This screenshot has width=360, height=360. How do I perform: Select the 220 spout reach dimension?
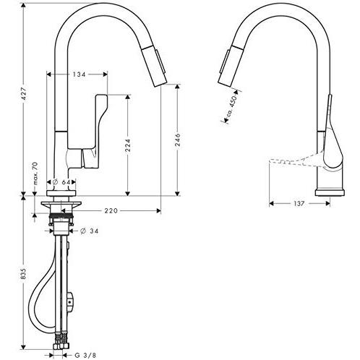[x=110, y=210]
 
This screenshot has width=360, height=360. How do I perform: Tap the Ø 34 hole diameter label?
[x=91, y=231]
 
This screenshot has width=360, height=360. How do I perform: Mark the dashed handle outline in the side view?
[x=289, y=158]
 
